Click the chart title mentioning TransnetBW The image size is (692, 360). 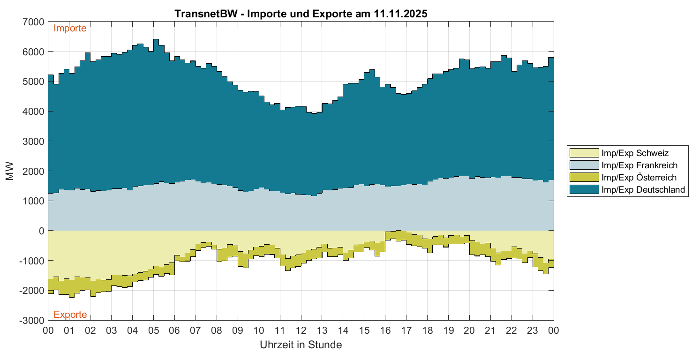pyautogui.click(x=301, y=14)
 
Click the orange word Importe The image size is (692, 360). pyautogui.click(x=70, y=28)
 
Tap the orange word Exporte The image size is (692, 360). pyautogui.click(x=70, y=314)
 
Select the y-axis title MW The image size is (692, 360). pyautogui.click(x=10, y=171)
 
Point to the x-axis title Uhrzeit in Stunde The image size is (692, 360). pyautogui.click(x=301, y=345)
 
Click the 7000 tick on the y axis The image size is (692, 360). pyautogui.click(x=34, y=22)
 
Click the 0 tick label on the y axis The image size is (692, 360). pyautogui.click(x=41, y=231)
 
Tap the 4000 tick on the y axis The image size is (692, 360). pyautogui.click(x=34, y=111)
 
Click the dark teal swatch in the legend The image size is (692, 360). pyautogui.click(x=584, y=189)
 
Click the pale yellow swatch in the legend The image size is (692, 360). pyautogui.click(x=584, y=153)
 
